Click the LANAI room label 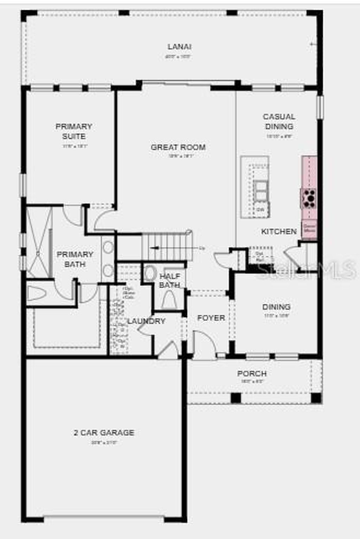[179, 46]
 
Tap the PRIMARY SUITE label [74, 131]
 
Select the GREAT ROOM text [178, 147]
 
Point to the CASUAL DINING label [279, 121]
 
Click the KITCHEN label [279, 231]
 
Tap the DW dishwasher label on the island [261, 210]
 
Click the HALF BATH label [170, 280]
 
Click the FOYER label [211, 318]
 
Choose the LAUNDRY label [146, 321]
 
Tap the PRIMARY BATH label [75, 259]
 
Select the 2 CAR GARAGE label [104, 433]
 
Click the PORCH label [252, 374]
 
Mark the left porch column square [236, 398]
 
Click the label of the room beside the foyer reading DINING [276, 307]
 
